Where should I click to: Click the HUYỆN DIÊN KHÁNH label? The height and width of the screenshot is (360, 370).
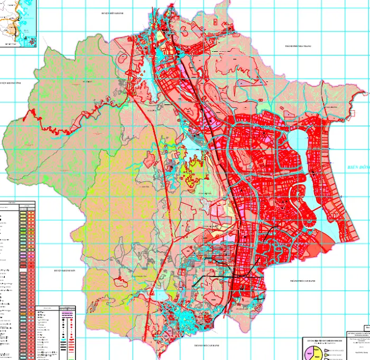tap(112, 13)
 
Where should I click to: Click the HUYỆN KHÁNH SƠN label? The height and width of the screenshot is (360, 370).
tap(65, 270)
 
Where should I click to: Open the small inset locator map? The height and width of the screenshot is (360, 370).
tap(18, 24)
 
